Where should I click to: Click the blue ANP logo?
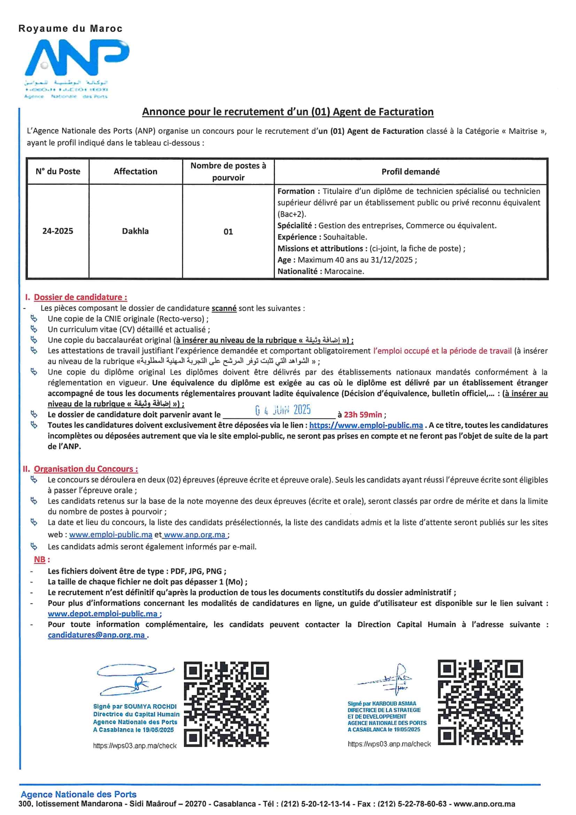coord(76,59)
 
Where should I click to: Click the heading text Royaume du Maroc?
coord(70,29)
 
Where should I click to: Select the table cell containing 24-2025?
coord(57,231)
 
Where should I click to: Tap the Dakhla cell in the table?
coord(135,231)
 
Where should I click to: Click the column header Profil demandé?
coord(410,172)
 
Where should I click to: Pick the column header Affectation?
coord(135,172)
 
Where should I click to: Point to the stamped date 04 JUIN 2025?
coord(283,410)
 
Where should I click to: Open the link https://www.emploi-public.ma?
coord(366,425)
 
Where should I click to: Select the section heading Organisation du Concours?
coord(85,469)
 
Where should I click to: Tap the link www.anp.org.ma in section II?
coord(195,535)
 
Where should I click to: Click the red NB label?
coord(40,559)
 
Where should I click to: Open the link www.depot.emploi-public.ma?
coord(102,614)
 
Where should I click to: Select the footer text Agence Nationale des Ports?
coord(78,794)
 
